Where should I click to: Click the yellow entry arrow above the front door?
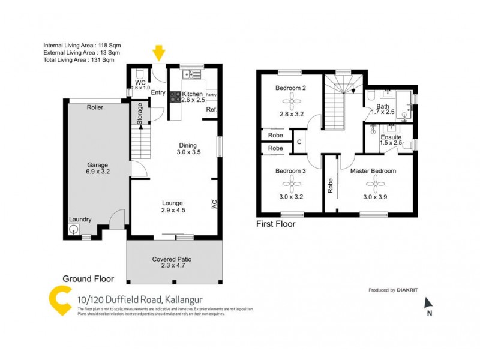pos(158,53)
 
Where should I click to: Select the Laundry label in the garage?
pos(80,220)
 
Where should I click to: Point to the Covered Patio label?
pos(172,259)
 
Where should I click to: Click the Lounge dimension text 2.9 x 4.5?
pos(172,211)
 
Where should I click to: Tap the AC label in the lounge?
pos(214,204)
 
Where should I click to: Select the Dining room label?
pos(188,145)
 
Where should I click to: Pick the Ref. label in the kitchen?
pos(211,110)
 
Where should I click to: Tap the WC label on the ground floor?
pos(140,83)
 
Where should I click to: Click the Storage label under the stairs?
pos(140,114)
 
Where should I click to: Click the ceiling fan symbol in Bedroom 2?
pos(291,100)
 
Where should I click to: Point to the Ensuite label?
pos(391,137)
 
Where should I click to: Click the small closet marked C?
pos(299,142)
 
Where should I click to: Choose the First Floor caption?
pos(276,224)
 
